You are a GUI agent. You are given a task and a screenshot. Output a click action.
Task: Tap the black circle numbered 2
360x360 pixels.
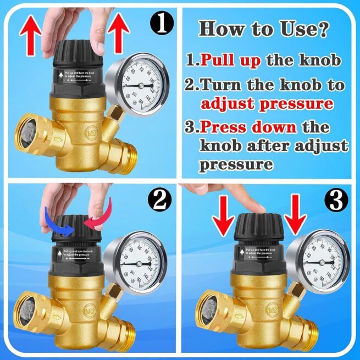point(159,201)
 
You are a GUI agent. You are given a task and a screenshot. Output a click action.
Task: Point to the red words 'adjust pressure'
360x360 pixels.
point(267,103)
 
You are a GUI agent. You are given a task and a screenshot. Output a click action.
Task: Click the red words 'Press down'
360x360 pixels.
point(247,128)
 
